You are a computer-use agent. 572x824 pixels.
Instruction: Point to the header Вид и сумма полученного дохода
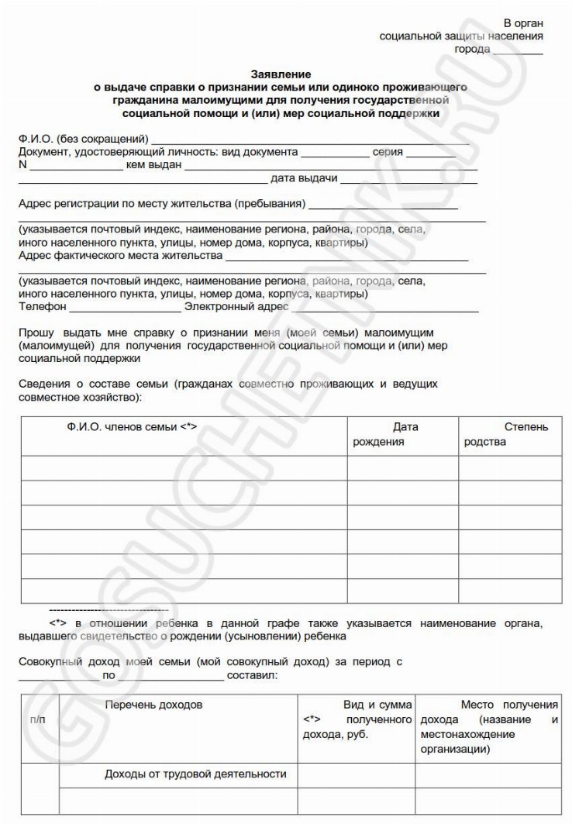click(356, 720)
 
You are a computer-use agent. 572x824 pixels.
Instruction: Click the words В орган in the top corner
click(523, 22)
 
